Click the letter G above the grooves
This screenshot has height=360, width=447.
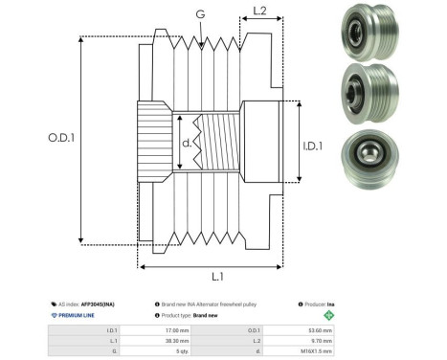(x=199, y=13)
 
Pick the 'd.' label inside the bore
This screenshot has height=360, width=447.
(x=187, y=144)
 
